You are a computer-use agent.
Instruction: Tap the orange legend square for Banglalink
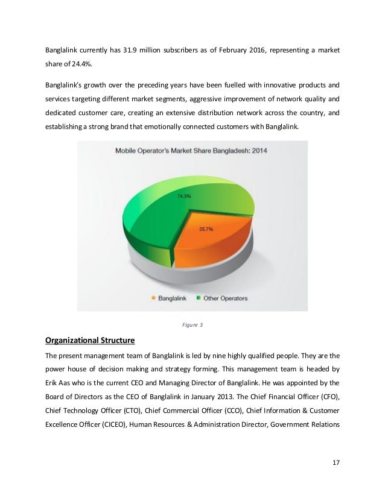pos(153,297)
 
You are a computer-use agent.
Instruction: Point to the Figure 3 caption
pos(192,326)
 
